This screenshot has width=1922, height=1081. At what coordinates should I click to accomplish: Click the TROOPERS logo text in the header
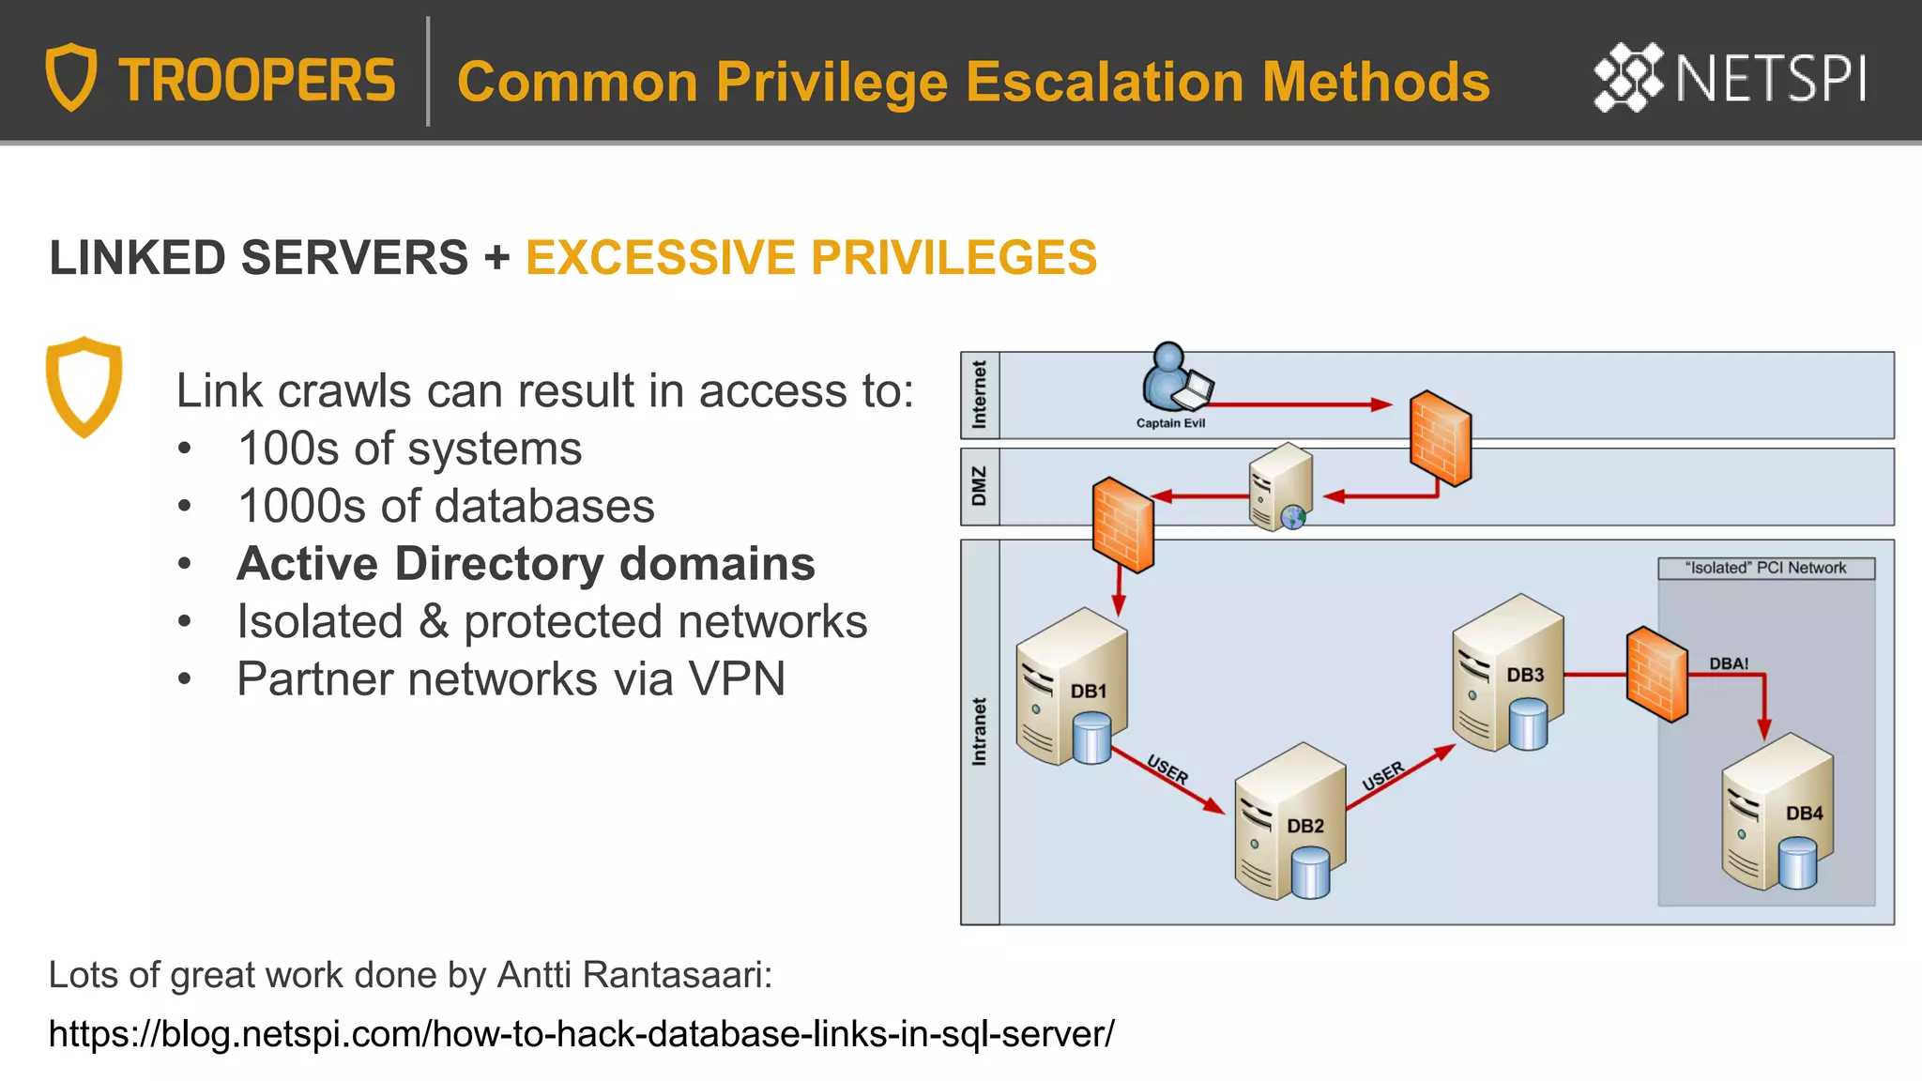[256, 81]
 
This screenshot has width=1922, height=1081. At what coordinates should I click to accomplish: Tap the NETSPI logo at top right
[1730, 78]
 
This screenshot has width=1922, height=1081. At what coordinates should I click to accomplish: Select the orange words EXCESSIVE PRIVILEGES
[811, 258]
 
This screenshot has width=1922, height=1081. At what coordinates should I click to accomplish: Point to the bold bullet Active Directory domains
[526, 564]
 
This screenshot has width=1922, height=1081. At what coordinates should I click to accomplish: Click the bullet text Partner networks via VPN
[511, 679]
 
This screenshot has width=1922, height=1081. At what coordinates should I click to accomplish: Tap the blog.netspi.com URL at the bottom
[581, 1034]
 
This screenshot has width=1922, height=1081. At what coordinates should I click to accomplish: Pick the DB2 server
[1289, 823]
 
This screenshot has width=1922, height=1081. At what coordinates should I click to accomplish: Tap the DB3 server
[1507, 674]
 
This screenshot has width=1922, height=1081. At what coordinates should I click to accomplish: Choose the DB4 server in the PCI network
[1777, 813]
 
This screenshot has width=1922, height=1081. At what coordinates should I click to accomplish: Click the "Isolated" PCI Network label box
[1765, 569]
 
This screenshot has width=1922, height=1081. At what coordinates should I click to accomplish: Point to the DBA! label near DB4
[1728, 663]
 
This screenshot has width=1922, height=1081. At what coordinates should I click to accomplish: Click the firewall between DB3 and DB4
[1656, 674]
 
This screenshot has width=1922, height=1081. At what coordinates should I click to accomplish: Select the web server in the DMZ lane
[1280, 487]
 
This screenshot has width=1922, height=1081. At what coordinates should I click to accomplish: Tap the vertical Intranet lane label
[980, 732]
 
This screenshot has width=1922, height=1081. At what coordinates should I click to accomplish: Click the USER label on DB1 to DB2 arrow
[1167, 770]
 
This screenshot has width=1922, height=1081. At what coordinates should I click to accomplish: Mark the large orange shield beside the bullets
[84, 387]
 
